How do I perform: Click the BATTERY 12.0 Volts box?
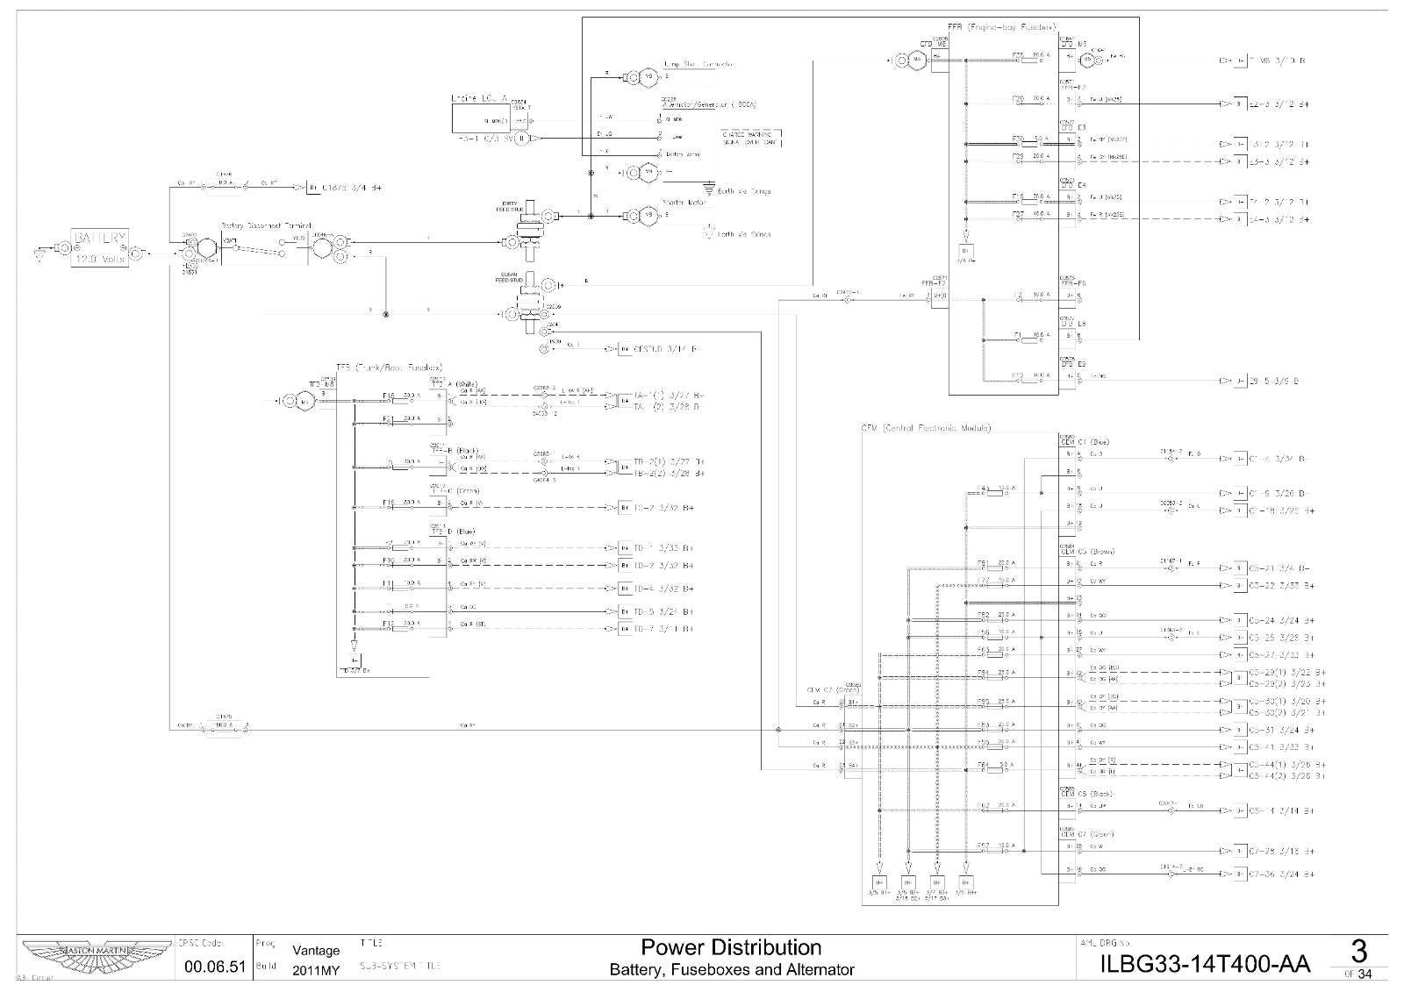pos(100,248)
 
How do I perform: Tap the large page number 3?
pos(1358,951)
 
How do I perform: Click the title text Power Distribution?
pos(731,947)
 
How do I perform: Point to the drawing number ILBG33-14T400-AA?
pos(1204,965)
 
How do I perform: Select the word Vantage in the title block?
pos(316,950)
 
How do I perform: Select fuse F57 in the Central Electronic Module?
pos(996,849)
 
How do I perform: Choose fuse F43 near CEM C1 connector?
pos(996,491)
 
